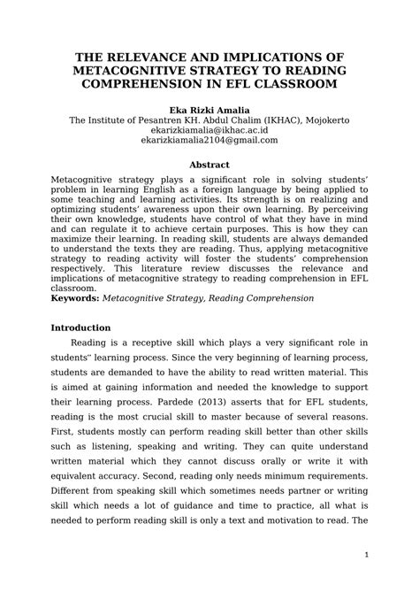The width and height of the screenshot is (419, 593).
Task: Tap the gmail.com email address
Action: coord(209,142)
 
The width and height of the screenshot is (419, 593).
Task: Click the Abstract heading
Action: coord(209,165)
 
